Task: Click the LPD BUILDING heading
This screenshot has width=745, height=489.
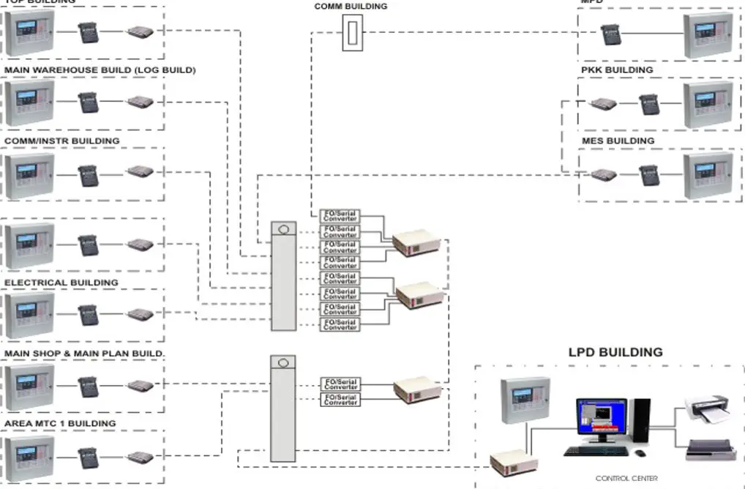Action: (615, 352)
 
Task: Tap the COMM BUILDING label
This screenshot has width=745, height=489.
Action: (351, 7)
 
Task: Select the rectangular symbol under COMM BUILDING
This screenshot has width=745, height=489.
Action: (352, 33)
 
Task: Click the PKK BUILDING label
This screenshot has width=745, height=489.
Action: (617, 70)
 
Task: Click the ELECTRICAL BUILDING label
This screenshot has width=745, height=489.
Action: (61, 283)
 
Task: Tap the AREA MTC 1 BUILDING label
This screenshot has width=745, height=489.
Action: (60, 424)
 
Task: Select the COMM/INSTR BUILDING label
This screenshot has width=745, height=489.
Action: (62, 141)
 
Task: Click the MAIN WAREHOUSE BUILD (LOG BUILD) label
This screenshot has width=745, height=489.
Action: (100, 70)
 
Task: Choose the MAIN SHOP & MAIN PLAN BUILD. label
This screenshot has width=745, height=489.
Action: (85, 354)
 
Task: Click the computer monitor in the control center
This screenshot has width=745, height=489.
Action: (601, 418)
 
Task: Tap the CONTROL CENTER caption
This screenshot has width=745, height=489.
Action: (626, 478)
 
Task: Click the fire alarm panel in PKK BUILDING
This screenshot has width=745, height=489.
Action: (707, 104)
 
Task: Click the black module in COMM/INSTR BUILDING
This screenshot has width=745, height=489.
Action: (89, 175)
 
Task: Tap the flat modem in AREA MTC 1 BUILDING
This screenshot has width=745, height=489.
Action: (139, 458)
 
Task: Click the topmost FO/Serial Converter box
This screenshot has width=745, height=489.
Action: (340, 215)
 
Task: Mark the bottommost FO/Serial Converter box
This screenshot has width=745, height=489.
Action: (340, 399)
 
